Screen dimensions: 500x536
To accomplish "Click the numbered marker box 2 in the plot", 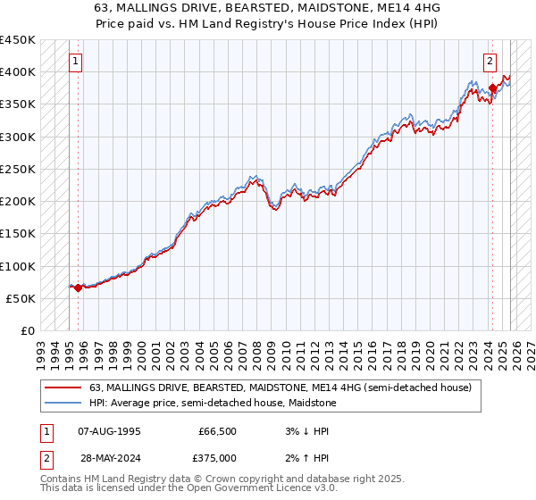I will [490, 62].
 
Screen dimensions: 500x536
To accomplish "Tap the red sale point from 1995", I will [79, 287].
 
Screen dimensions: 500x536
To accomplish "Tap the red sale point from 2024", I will [492, 87].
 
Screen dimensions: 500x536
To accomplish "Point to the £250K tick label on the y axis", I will [17, 169].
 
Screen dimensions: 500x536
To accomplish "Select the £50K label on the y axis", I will [21, 298].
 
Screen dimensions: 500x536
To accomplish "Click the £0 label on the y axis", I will [27, 330].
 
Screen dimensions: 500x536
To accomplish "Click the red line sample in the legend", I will [63, 387].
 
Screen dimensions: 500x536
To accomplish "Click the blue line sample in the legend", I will [63, 403].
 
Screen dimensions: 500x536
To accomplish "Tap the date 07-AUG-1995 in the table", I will [109, 431].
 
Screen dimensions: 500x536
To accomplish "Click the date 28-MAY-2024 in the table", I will [109, 458].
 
